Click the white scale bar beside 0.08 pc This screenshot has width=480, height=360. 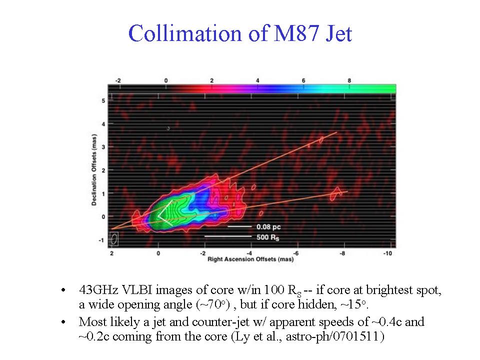(238, 226)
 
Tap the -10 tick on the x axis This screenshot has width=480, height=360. (387, 253)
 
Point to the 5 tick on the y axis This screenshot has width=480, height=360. (103, 100)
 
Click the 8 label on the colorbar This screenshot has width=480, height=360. (349, 80)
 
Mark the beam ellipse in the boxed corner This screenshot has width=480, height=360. (114, 239)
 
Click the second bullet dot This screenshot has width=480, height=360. (62, 322)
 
